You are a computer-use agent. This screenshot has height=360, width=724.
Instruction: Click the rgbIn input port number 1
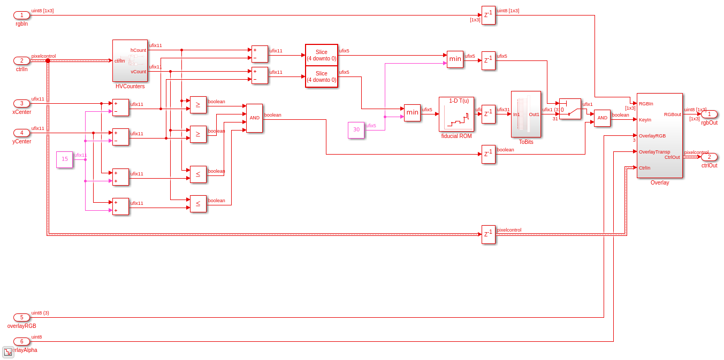(x=21, y=15)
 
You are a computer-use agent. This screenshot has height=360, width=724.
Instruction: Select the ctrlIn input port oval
(x=21, y=60)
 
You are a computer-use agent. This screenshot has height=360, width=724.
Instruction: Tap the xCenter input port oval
(x=21, y=103)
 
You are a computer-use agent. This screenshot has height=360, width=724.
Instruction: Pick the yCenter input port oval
(x=21, y=133)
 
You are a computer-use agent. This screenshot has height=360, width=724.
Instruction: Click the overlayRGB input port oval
(x=21, y=317)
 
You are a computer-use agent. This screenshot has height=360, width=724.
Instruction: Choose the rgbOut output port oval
(x=709, y=114)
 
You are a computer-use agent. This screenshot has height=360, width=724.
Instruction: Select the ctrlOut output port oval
(x=709, y=157)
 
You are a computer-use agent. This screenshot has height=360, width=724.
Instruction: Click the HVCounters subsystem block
(x=130, y=60)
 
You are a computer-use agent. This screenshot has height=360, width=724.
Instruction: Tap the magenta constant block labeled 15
(x=64, y=159)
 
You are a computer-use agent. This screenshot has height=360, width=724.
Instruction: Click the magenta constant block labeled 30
(x=356, y=130)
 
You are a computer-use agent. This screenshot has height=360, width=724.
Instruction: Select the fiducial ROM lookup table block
(x=456, y=114)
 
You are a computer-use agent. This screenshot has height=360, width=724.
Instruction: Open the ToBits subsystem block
(x=525, y=114)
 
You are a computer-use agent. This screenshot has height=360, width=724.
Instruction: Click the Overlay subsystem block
(x=659, y=135)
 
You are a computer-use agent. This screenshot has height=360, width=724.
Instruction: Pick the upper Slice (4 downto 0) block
(x=321, y=55)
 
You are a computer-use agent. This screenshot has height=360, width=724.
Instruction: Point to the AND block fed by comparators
(x=254, y=118)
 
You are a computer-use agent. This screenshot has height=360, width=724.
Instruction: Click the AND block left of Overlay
(x=602, y=118)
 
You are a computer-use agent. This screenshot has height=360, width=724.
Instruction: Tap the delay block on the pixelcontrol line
(x=488, y=234)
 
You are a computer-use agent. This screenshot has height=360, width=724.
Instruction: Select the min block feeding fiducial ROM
(x=412, y=113)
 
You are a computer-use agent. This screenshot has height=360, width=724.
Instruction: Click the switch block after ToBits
(x=570, y=109)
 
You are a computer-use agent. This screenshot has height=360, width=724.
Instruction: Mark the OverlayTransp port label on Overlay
(x=654, y=151)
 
